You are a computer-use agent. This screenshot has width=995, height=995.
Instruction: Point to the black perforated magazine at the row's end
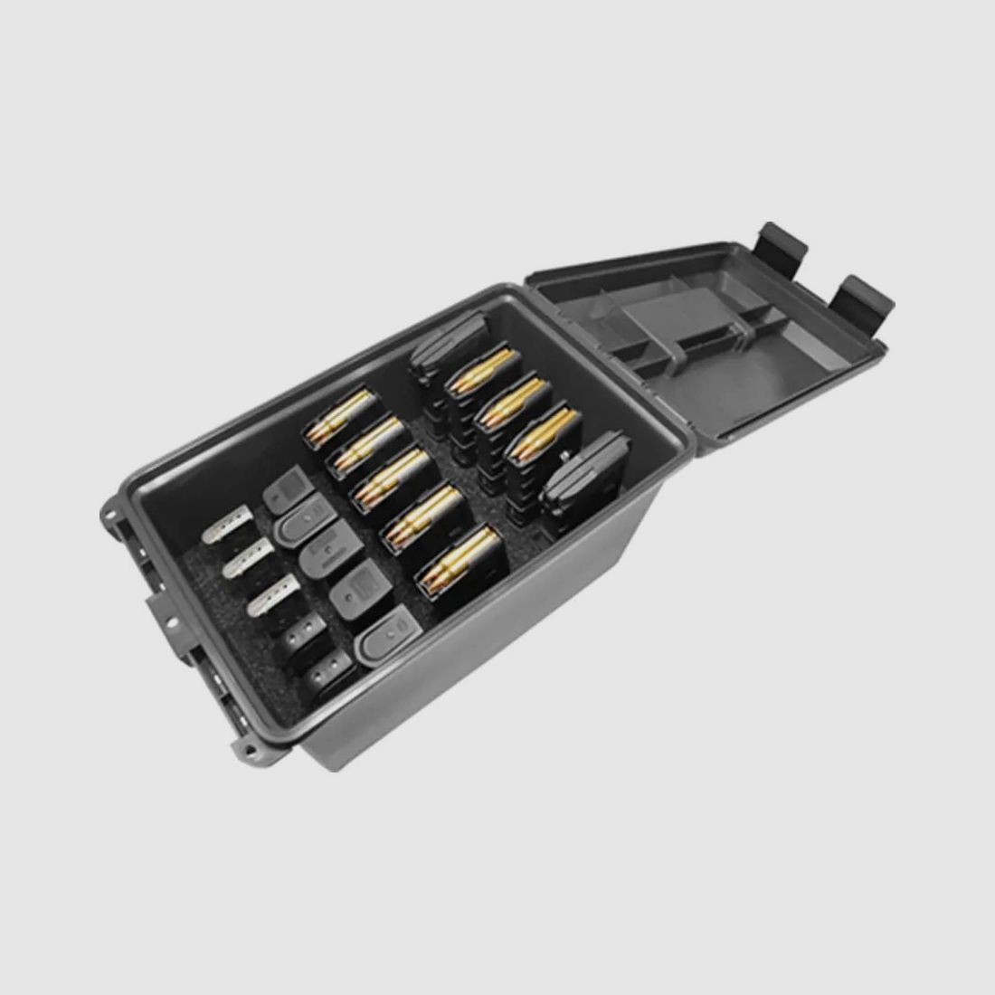tap(328, 671)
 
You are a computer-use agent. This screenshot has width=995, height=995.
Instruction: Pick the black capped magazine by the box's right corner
tap(583, 469)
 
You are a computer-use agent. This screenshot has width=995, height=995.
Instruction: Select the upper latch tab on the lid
tap(782, 240)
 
